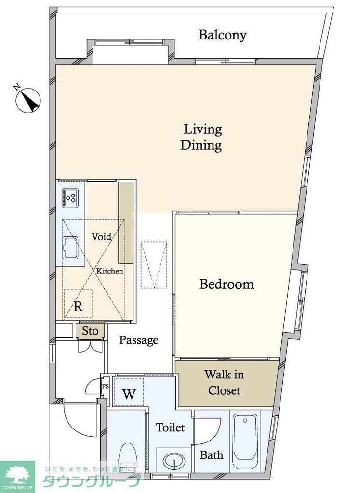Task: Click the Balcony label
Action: pos(222,35)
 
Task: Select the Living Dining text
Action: pos(201,137)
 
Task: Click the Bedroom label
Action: pos(227,284)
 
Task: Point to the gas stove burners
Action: pos(70,197)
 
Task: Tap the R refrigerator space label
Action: pos(78,306)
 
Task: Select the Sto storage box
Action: pos(90,331)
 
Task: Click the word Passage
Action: pos(138,340)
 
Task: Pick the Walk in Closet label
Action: pos(224,382)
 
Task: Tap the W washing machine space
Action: pos(129,393)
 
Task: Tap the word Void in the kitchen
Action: pos(101,236)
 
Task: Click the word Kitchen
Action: pos(109,271)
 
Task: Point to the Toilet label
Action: pos(170,428)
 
